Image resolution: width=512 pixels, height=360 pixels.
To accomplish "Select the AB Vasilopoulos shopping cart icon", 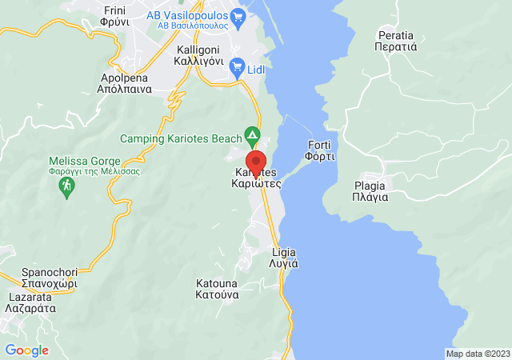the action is (x=236, y=15).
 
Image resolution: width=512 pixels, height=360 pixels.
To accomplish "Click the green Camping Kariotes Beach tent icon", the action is (x=253, y=134).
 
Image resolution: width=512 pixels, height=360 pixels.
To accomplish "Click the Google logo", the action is (x=26, y=350).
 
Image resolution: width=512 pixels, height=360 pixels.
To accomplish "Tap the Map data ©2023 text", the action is (x=477, y=354).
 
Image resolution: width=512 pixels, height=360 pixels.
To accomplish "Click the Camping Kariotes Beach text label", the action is (x=182, y=138).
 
